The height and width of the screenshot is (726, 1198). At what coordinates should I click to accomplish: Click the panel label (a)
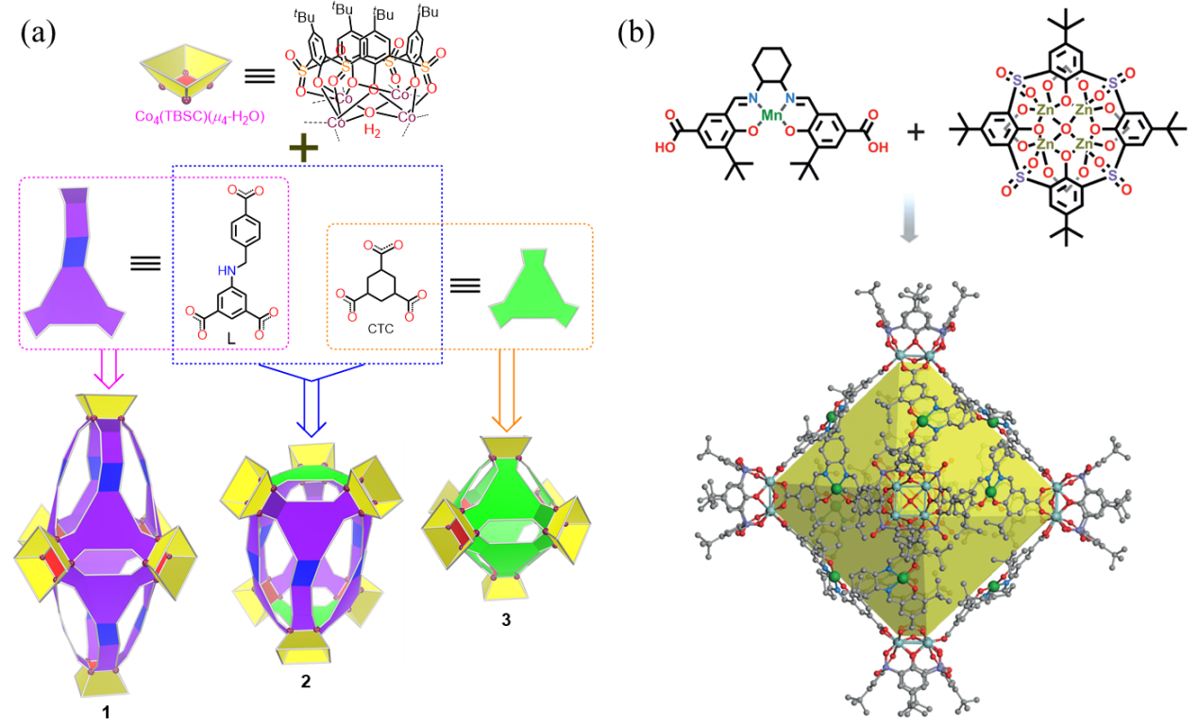click(38, 34)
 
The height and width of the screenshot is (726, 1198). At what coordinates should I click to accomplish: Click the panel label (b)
click(636, 34)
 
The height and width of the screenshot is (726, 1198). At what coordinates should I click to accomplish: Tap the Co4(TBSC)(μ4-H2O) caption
click(199, 117)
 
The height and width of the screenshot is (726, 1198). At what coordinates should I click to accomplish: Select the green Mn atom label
click(771, 115)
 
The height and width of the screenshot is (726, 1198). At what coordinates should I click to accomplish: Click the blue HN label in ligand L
click(228, 271)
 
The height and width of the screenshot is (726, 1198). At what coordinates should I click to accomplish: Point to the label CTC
click(380, 329)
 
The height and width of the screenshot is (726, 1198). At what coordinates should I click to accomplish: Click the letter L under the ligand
click(231, 339)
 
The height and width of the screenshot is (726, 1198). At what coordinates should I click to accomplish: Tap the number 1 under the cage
click(106, 712)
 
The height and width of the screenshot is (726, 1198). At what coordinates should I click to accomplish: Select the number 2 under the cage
click(305, 681)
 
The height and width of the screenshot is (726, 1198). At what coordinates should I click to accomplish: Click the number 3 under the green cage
click(506, 619)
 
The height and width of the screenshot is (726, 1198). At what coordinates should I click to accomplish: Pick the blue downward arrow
click(312, 400)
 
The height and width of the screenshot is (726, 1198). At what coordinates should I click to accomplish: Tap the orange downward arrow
click(506, 391)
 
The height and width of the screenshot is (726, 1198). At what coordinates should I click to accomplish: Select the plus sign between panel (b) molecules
click(916, 131)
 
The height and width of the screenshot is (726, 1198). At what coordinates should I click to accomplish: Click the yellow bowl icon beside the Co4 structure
click(185, 74)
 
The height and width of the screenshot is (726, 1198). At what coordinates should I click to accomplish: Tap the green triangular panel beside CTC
click(533, 289)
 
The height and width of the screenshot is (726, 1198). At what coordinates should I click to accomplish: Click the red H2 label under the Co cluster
click(372, 130)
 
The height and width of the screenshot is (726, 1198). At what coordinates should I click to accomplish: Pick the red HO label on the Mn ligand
click(666, 146)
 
